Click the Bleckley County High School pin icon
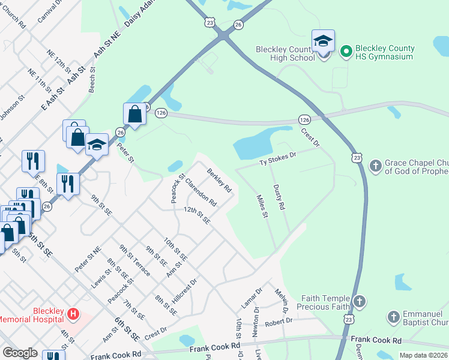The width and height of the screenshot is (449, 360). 323,43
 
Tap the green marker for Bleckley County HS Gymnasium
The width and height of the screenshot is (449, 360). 346,52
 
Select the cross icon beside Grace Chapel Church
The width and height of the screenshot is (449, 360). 375,166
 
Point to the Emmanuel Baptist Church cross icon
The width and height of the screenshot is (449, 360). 393,317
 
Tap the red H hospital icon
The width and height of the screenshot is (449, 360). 73,314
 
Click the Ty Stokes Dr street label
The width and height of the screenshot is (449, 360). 278,160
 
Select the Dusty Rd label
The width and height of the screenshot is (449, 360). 279,197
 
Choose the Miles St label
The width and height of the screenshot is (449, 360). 261,206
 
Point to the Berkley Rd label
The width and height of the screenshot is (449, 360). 219,180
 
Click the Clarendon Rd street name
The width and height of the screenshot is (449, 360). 200,192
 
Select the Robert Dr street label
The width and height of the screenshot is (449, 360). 279,322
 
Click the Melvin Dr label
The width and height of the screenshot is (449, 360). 282,302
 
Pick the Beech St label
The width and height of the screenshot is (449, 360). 92,80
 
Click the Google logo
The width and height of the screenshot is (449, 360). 20,353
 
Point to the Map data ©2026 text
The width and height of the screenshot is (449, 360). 423,355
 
